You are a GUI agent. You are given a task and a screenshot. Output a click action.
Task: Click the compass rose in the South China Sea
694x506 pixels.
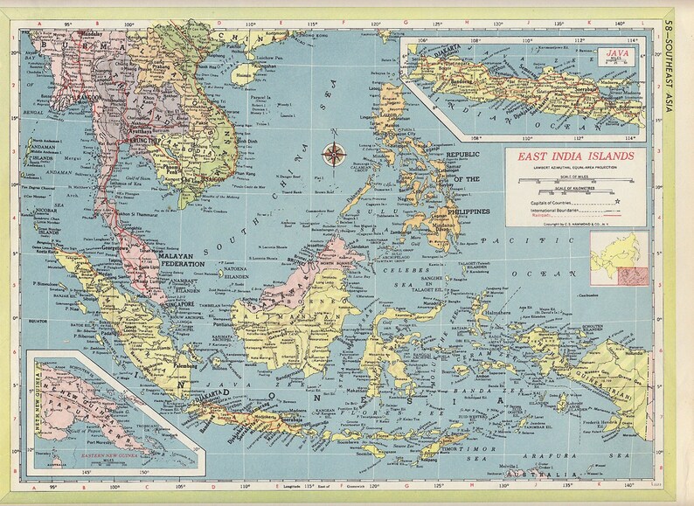pyautogui.click(x=333, y=155)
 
